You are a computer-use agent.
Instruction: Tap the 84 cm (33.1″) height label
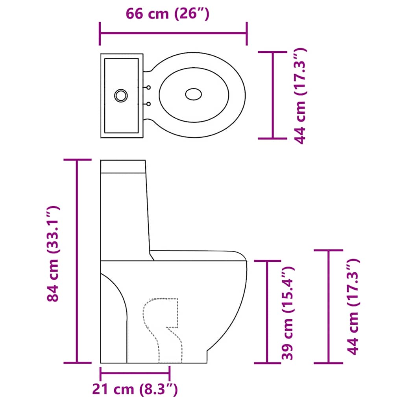pyautogui.click(x=53, y=254)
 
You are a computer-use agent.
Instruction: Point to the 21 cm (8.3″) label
pyautogui.click(x=135, y=390)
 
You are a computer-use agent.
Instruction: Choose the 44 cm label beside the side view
pyautogui.click(x=354, y=307)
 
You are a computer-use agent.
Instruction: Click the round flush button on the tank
pyautogui.click(x=121, y=95)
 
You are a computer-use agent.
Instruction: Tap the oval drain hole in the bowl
pyautogui.click(x=194, y=94)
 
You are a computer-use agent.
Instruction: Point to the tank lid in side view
pyautogui.click(x=123, y=166)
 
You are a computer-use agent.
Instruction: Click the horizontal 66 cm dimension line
pyautogui.click(x=173, y=34)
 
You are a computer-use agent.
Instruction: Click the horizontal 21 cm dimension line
pyautogui.click(x=135, y=372)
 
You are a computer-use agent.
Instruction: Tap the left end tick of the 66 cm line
pyautogui.click(x=101, y=34)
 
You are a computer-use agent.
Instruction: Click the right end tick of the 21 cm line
pyautogui.click(x=170, y=372)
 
